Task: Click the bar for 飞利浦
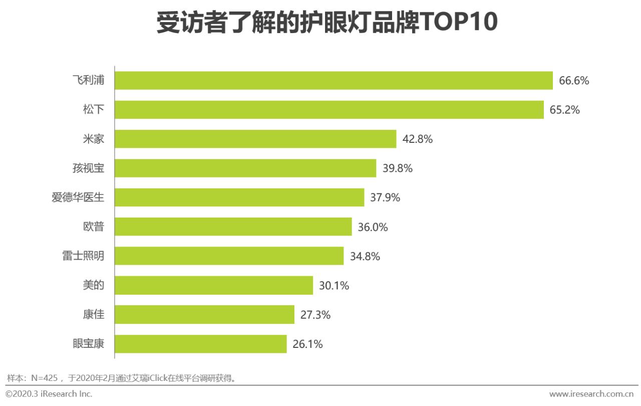pos(334,80)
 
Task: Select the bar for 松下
pos(329,110)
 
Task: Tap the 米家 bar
pos(255,139)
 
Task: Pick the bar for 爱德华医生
pos(239,197)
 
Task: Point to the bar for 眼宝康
pos(200,344)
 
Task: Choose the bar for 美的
pos(214,286)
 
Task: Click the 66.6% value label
pos(574,81)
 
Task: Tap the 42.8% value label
pos(417,139)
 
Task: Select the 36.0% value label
pos(373,227)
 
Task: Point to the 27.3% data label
pos(315,315)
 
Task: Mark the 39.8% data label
pos(398,168)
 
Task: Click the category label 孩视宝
pos(88,168)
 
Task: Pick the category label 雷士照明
pos(80,256)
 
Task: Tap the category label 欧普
pos(94,227)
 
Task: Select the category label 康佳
pos(94,315)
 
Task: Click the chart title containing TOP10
pos(327,23)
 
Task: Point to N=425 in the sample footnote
pos(45,377)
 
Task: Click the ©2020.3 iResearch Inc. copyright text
pos(49,394)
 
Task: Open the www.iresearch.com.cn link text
pos(591,394)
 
